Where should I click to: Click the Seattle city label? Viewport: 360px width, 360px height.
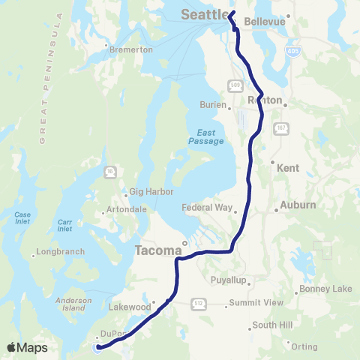pyautogui.click(x=203, y=13)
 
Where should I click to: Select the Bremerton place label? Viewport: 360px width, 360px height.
pyautogui.click(x=131, y=49)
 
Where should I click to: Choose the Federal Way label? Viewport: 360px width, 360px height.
pyautogui.click(x=211, y=208)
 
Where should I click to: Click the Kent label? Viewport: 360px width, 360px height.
pyautogui.click(x=289, y=169)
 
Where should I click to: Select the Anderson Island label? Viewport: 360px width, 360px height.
pyautogui.click(x=73, y=304)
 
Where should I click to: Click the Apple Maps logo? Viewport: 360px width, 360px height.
pyautogui.click(x=27, y=348)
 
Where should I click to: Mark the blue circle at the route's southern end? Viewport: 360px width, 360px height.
pyautogui.click(x=97, y=347)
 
